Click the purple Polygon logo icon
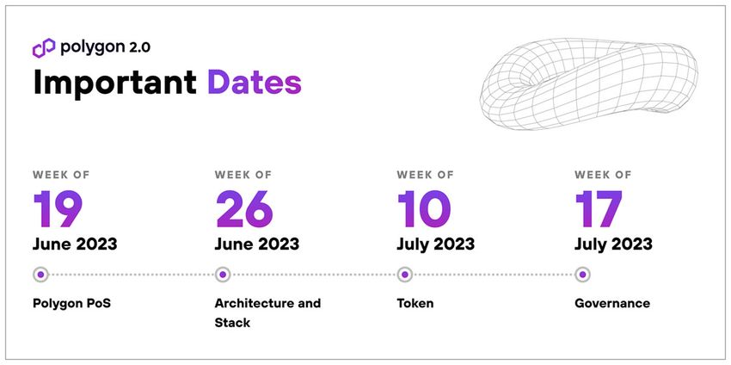tap(44, 47)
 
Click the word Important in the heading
tap(115, 82)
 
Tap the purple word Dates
tap(255, 82)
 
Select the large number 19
tap(58, 208)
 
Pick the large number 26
tap(244, 208)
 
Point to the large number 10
tap(424, 208)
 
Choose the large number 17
tap(599, 208)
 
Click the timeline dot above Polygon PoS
tap(40, 275)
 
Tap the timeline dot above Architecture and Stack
tap(223, 275)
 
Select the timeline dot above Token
tap(405, 275)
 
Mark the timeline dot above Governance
tap(582, 275)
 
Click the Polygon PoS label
tap(71, 303)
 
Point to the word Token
tap(415, 303)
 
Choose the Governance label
tap(612, 303)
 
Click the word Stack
tap(232, 323)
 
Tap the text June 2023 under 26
tap(257, 244)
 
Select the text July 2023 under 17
tap(613, 244)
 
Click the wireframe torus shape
tap(589, 84)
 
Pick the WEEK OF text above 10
tap(425, 175)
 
